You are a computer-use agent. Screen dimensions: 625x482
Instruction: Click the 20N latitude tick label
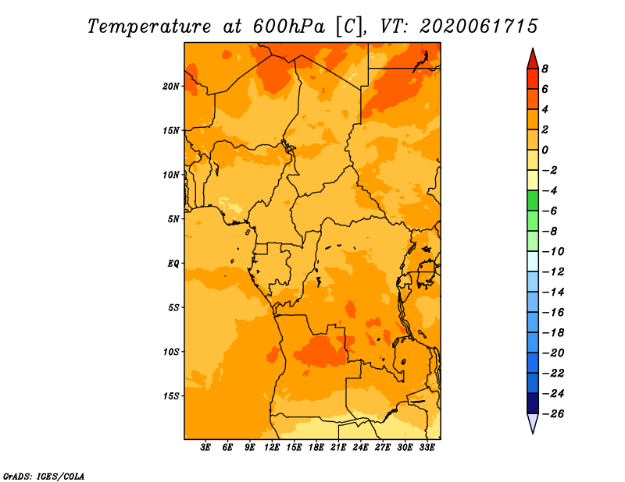(x=170, y=86)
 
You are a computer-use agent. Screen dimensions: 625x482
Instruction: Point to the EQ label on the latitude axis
(x=173, y=263)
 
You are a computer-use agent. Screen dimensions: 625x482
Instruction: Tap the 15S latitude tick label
(x=170, y=396)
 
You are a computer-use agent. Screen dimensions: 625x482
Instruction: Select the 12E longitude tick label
(x=272, y=447)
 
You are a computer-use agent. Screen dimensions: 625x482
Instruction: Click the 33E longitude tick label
(x=427, y=447)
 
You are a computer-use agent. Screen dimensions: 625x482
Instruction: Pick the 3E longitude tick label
(x=205, y=447)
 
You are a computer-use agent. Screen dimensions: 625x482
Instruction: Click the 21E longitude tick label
(x=338, y=447)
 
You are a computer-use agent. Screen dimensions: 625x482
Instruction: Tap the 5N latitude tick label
(x=173, y=219)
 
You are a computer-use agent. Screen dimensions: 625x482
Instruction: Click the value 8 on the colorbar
(x=545, y=69)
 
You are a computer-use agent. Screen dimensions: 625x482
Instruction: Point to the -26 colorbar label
(x=553, y=413)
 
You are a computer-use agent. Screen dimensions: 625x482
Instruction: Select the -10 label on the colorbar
(x=553, y=251)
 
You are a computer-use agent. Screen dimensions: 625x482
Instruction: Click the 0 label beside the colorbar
(x=545, y=150)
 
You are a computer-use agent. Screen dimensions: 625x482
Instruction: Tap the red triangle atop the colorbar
(x=533, y=60)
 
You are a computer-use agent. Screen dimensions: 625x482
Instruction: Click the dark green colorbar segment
(x=533, y=200)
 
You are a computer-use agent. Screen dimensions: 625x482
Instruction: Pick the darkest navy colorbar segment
(x=533, y=403)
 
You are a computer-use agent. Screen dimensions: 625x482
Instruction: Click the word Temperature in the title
(x=149, y=27)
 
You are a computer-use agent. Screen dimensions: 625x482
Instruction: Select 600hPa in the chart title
(x=288, y=27)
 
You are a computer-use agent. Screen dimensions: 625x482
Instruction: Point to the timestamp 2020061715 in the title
(x=479, y=27)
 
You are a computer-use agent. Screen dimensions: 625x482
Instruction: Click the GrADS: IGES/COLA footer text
(x=44, y=476)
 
